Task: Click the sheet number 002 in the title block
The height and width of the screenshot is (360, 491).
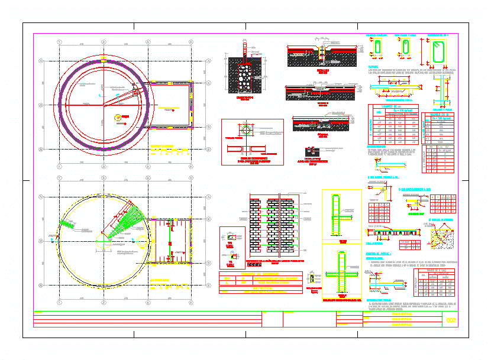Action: [x=451, y=320]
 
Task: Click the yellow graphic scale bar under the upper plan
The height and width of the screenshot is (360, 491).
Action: [x=162, y=151]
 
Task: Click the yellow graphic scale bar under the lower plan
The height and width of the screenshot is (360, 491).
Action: [x=162, y=288]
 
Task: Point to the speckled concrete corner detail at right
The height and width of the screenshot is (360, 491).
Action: [x=441, y=236]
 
